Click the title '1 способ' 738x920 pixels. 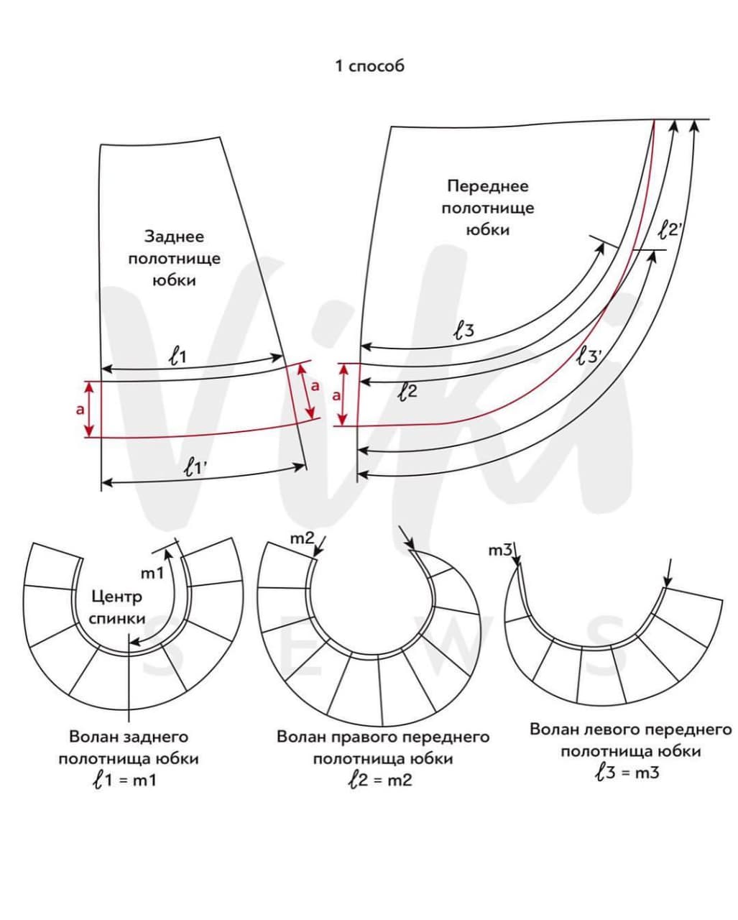[369, 66]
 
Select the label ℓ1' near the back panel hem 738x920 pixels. [194, 469]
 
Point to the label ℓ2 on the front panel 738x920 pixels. [407, 392]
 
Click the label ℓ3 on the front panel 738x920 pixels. [463, 331]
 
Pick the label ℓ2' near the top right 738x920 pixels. [674, 231]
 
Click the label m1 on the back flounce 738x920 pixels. [152, 573]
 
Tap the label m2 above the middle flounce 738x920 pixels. [302, 538]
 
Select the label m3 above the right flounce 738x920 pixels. [500, 551]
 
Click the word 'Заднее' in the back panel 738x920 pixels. [174, 236]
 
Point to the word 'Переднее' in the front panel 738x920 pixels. [487, 186]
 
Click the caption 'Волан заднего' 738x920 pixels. [129, 737]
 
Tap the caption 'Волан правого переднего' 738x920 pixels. [383, 737]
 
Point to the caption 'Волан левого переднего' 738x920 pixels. [630, 730]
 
